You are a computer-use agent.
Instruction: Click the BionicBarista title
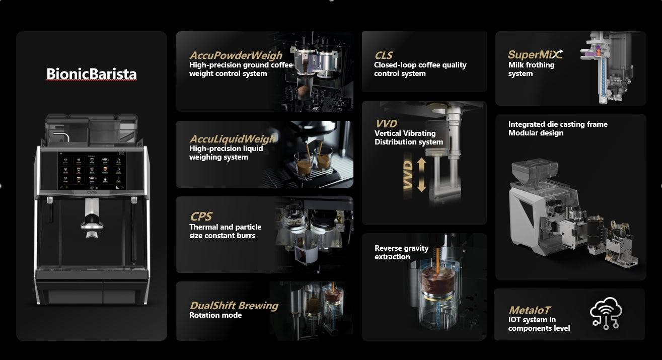pos(92,74)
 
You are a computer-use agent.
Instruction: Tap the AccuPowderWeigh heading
pos(236,55)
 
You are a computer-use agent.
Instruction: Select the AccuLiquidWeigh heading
pos(232,139)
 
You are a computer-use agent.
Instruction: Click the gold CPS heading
pos(201,217)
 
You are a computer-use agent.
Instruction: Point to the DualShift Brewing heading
pos(234,306)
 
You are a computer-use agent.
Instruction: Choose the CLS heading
pos(383,55)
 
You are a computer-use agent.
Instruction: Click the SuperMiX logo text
pos(535,55)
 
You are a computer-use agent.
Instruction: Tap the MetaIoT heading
pos(529,310)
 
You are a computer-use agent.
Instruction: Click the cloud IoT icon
pos(606,313)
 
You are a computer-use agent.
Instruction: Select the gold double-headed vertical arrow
pos(422,175)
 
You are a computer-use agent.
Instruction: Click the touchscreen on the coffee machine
pos(92,171)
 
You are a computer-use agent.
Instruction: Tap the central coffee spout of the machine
pos(92,219)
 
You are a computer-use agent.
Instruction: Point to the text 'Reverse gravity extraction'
pos(401,252)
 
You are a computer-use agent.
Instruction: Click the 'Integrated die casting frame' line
pos(558,124)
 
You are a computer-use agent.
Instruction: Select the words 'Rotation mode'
pos(215,315)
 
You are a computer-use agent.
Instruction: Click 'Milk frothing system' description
pos(531,69)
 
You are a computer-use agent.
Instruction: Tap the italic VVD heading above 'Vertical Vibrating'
pos(386,123)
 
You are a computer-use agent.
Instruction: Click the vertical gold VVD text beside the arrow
pos(408,175)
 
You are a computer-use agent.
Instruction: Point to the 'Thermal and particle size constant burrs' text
pos(225,232)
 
